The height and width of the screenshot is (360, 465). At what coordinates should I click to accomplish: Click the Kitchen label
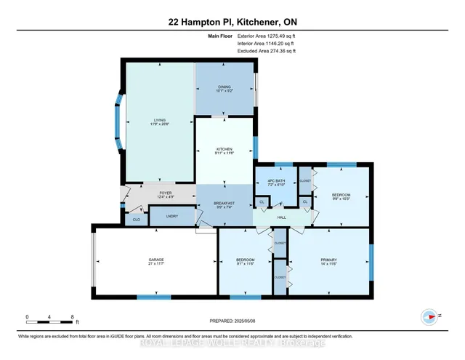tap(223, 150)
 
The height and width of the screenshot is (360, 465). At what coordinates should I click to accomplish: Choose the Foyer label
tap(166, 194)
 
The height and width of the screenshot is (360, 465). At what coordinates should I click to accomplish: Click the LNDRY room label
tap(171, 216)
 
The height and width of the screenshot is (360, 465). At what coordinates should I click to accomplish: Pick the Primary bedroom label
tap(328, 262)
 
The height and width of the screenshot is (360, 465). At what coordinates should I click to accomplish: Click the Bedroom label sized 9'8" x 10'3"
tap(341, 196)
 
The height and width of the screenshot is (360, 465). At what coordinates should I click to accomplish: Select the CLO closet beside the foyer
tap(135, 219)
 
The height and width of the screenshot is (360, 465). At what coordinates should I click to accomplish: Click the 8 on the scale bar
tap(73, 316)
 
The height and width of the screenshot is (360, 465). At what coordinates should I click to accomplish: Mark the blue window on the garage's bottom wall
tap(154, 297)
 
